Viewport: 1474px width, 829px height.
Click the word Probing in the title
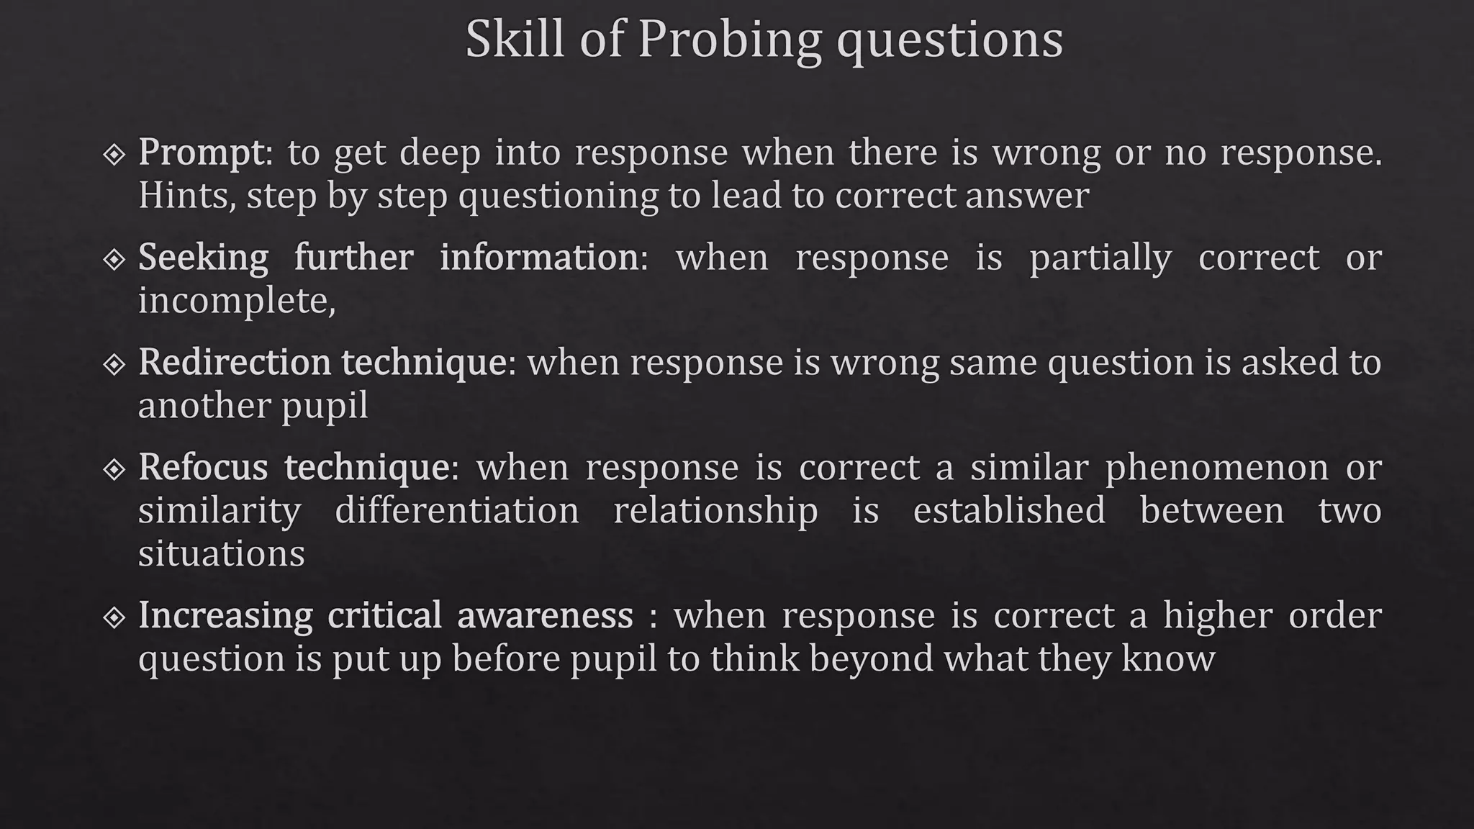728,40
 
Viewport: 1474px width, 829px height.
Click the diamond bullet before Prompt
114,154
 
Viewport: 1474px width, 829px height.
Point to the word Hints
184,196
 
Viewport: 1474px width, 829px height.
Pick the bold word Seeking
203,258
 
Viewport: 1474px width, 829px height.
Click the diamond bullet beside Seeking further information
114,259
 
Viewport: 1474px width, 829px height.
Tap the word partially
1100,258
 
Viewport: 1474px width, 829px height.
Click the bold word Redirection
234,362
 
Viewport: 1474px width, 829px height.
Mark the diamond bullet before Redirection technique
114,364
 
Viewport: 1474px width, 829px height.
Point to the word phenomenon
1216,468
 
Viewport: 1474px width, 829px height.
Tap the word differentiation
456,510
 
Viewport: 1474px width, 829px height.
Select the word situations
221,553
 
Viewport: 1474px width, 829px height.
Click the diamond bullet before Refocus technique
114,469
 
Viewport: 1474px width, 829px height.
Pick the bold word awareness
545,615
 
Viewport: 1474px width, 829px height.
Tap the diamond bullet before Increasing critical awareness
114,617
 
